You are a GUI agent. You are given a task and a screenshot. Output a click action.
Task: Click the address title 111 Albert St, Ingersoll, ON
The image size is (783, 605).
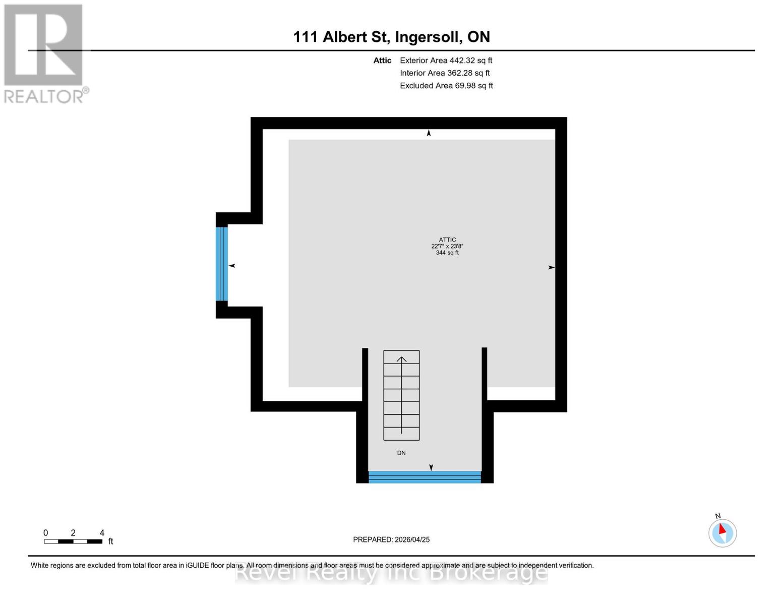(391, 37)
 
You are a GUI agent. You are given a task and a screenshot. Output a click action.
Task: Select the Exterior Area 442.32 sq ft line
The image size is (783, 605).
(446, 60)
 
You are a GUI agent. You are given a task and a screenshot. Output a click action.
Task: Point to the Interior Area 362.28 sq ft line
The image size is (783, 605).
(445, 73)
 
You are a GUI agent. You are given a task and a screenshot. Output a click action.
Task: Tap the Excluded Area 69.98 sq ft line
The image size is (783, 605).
(446, 86)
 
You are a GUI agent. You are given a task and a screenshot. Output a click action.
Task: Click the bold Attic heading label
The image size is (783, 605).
(382, 60)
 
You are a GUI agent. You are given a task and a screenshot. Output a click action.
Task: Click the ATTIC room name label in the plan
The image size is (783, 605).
(447, 240)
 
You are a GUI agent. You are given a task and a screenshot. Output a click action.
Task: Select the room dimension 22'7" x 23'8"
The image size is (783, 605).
(447, 247)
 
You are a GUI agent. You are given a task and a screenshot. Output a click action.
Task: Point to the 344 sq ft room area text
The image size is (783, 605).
(447, 253)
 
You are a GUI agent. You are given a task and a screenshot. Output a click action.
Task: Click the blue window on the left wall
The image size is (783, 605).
(222, 264)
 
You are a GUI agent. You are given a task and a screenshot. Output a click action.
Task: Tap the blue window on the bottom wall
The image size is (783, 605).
(425, 477)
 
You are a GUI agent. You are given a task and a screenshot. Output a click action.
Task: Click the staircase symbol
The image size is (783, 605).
(401, 395)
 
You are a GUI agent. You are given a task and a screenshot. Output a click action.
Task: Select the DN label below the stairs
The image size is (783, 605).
(401, 453)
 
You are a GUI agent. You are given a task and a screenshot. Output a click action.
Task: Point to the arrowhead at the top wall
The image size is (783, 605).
(429, 133)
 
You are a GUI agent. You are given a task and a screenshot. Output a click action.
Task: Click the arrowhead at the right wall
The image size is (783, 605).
(551, 267)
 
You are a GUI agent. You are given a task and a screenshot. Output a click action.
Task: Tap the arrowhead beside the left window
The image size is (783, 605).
(232, 266)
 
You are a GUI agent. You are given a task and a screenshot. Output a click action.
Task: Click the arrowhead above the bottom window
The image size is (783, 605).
(431, 467)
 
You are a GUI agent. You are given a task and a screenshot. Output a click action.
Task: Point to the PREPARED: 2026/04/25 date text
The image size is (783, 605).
(391, 539)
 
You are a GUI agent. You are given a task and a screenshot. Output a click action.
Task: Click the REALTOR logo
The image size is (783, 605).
(44, 53)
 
